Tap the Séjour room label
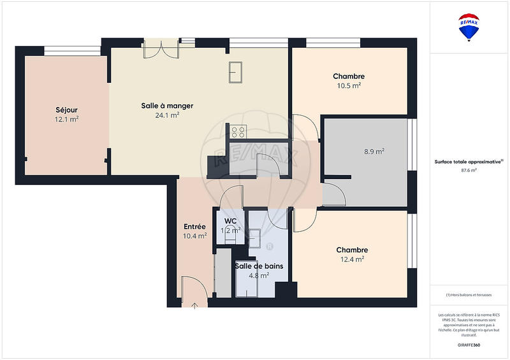[66, 110]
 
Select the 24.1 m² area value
[167, 115]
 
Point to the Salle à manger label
[167, 106]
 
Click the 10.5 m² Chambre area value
[349, 85]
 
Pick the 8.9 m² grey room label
[374, 152]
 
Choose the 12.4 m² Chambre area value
[351, 259]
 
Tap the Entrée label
[194, 226]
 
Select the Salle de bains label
[259, 266]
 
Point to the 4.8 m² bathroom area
[258, 276]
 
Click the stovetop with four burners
[238, 132]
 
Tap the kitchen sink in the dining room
[235, 71]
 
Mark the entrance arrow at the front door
[194, 305]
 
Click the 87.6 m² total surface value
[469, 171]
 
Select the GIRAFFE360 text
[469, 343]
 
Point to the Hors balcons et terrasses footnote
[469, 294]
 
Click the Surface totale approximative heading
[469, 162]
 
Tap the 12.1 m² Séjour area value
[66, 119]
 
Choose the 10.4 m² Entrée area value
[194, 236]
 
